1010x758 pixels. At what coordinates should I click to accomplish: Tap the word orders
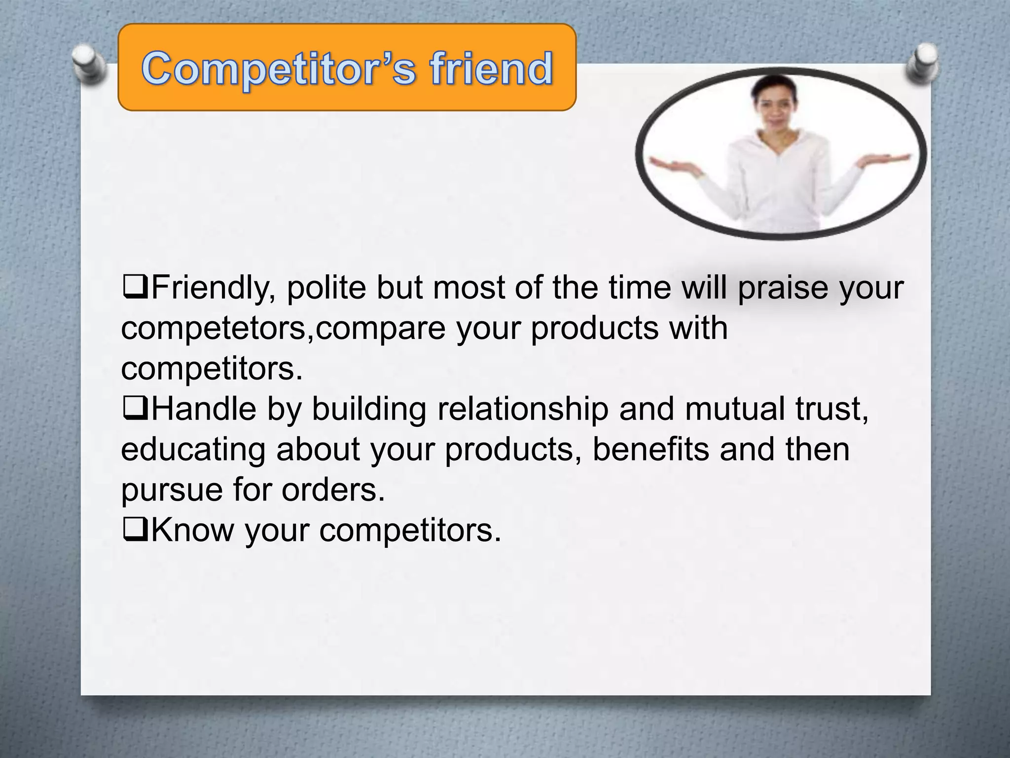click(333, 490)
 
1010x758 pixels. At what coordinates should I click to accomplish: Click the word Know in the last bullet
click(192, 530)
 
